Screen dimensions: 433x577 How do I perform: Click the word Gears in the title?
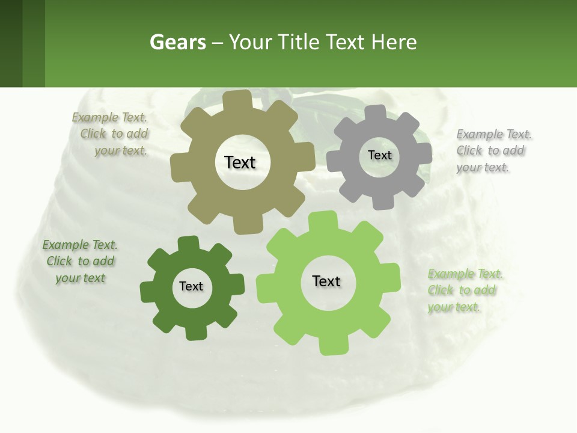click(x=178, y=42)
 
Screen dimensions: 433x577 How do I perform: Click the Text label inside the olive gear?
click(x=240, y=162)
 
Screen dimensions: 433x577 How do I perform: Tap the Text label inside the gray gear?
click(x=379, y=155)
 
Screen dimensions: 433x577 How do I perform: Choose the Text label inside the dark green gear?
click(x=191, y=287)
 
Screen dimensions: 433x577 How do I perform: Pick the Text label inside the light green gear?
click(x=326, y=281)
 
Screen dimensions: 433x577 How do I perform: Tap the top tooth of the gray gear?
click(x=376, y=112)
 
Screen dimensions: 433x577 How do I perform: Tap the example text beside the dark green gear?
click(x=80, y=262)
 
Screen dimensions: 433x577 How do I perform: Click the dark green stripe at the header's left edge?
click(x=11, y=43)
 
